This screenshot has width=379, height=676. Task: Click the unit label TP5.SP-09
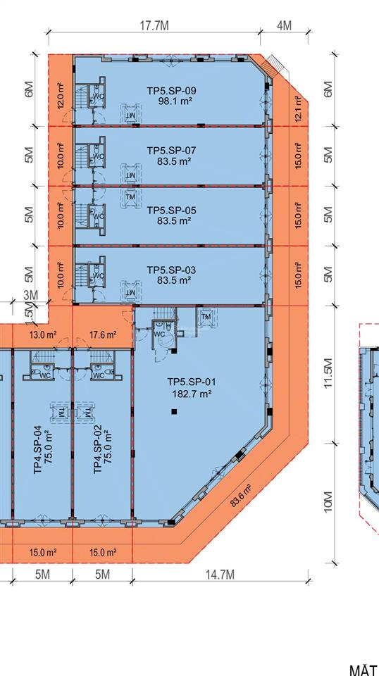tap(172, 90)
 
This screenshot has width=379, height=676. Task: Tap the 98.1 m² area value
tap(176, 101)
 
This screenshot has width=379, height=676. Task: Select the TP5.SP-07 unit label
tap(172, 151)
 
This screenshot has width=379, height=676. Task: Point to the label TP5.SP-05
tap(172, 210)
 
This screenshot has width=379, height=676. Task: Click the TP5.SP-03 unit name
tap(172, 270)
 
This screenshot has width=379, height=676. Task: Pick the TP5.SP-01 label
tap(192, 382)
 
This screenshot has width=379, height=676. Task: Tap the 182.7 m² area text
tap(192, 394)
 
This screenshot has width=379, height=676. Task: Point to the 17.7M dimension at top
tap(154, 26)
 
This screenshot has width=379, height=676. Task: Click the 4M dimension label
tap(284, 26)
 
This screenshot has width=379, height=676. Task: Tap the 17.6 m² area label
tap(103, 335)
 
